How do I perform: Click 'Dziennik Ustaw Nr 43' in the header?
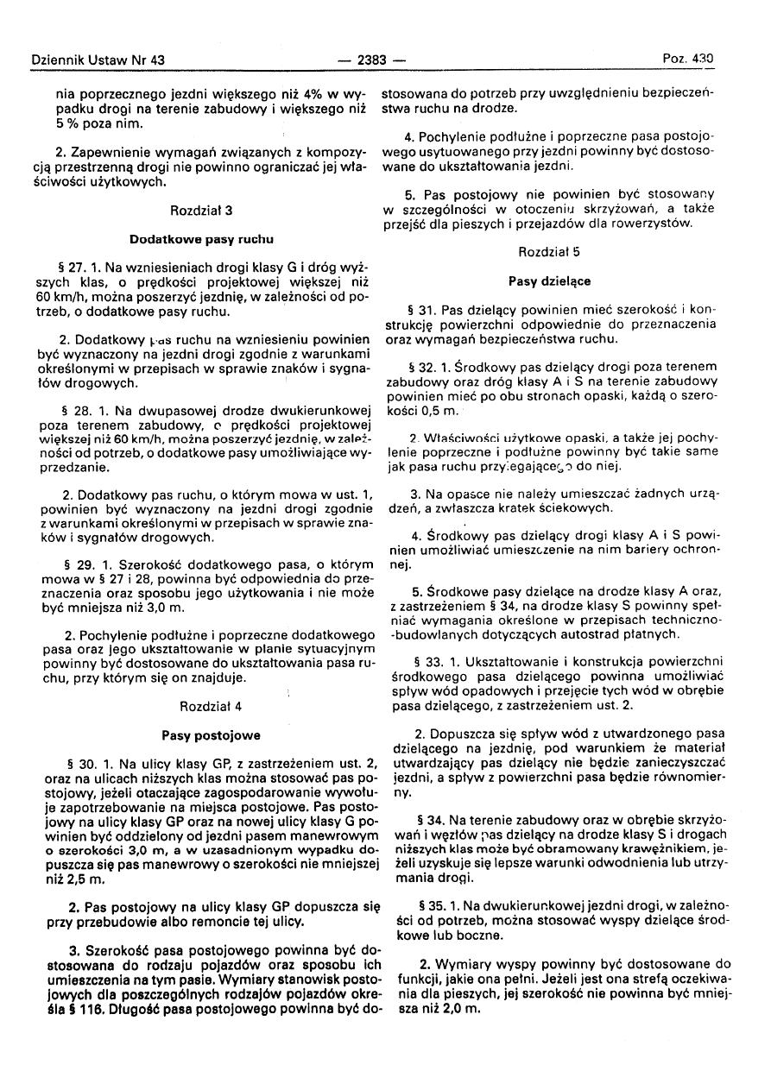click(x=97, y=60)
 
